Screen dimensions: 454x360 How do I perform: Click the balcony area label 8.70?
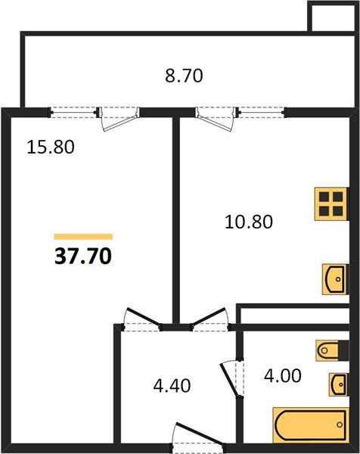pyautogui.click(x=185, y=75)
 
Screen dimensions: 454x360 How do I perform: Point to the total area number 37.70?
pyautogui.click(x=83, y=257)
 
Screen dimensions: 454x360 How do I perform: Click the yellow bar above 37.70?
pyautogui.click(x=83, y=237)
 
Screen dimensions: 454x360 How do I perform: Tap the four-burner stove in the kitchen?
pyautogui.click(x=331, y=203)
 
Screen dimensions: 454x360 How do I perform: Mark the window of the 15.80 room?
pyautogui.click(x=75, y=112)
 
